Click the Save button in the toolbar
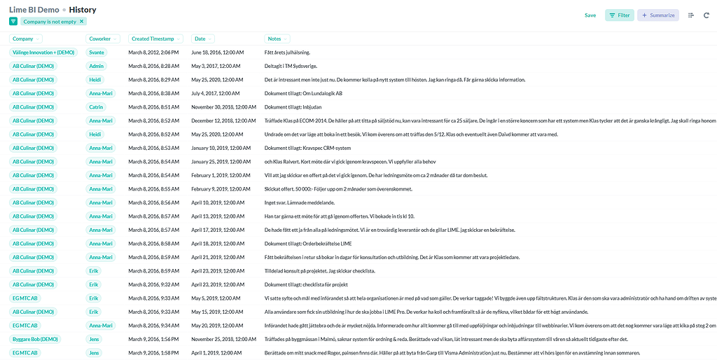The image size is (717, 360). tap(590, 15)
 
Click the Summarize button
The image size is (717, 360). tap(657, 15)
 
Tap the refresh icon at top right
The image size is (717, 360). tap(706, 15)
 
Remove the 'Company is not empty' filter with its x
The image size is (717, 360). tap(83, 22)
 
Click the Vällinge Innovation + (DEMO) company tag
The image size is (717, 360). tap(43, 53)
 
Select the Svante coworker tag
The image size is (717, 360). tap(96, 53)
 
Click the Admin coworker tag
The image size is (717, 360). tap(96, 66)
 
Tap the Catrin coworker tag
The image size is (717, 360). tap(96, 107)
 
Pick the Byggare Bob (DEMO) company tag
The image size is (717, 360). tap(35, 339)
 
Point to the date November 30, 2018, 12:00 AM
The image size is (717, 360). tap(224, 107)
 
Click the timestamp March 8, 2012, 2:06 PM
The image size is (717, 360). tap(153, 53)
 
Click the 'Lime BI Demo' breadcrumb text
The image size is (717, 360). tap(33, 10)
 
